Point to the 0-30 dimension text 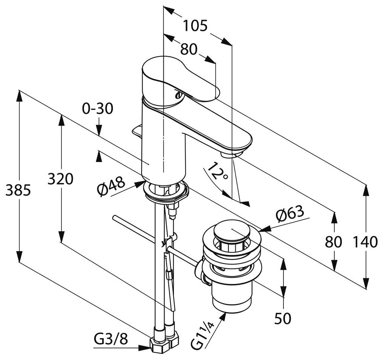[x=98, y=109]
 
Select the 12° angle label [x=217, y=172]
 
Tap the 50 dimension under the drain [x=283, y=319]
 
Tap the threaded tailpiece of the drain [x=231, y=297]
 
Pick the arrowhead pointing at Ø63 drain [x=264, y=229]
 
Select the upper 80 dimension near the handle [x=189, y=49]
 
